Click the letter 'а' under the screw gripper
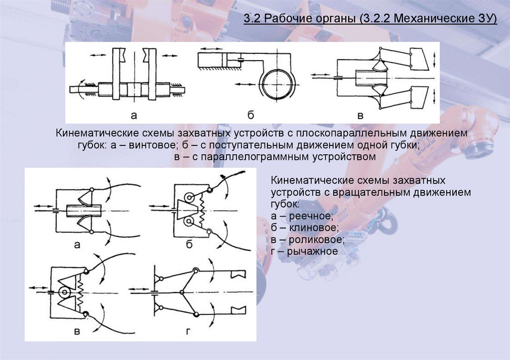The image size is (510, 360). pyautogui.click(x=133, y=116)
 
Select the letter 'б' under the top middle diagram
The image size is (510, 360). pyautogui.click(x=251, y=116)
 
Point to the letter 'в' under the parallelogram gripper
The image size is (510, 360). pyautogui.click(x=361, y=116)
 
